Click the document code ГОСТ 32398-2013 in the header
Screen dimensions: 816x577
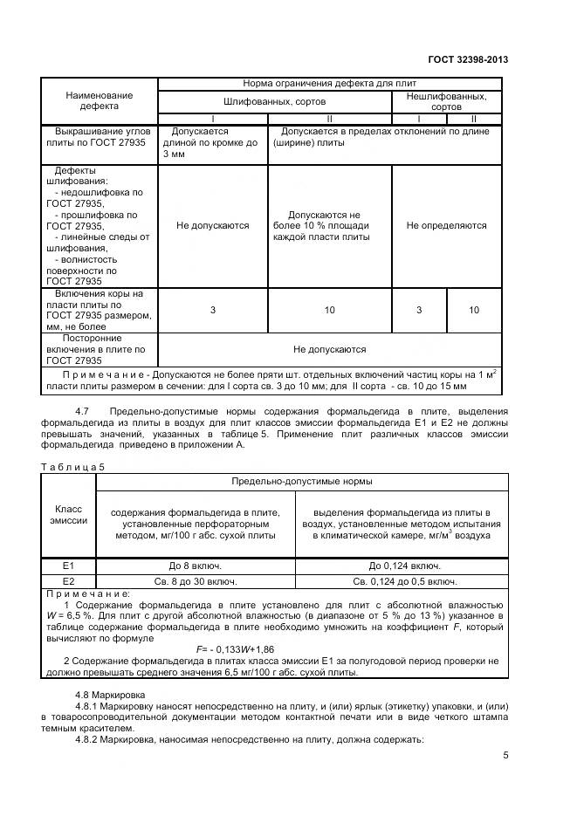click(x=468, y=60)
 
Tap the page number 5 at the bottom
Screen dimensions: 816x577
click(x=505, y=756)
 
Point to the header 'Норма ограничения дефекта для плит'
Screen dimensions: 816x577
click(x=329, y=84)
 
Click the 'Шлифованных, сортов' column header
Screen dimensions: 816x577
click(x=274, y=101)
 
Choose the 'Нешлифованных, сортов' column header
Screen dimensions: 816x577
click(x=446, y=101)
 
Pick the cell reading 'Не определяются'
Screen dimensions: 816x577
click(x=446, y=225)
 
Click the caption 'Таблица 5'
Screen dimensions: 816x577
click(x=72, y=466)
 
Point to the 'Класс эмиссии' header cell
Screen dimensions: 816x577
click(x=72, y=514)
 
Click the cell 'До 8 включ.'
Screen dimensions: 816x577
click(x=198, y=566)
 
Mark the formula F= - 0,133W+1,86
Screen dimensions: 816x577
click(x=235, y=649)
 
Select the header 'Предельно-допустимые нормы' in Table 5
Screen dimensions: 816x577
click(x=301, y=481)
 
